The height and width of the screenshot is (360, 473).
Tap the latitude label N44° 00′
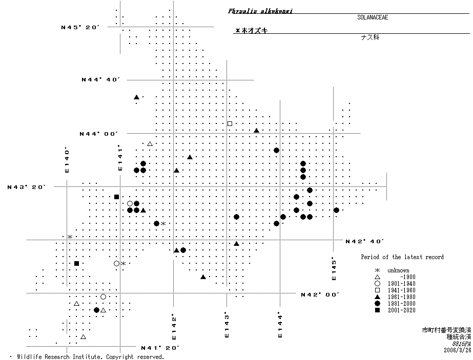point(98,134)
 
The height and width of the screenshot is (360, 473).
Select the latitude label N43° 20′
point(27,187)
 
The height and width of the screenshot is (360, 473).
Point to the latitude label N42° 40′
point(365,241)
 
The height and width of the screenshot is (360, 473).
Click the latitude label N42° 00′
point(320,294)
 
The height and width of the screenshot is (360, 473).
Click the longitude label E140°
point(67,160)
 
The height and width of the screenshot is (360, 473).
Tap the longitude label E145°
point(334,268)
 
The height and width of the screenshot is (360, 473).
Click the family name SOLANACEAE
point(373,17)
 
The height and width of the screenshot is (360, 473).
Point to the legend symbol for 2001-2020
point(377,310)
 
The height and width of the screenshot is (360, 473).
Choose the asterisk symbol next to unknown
point(377,270)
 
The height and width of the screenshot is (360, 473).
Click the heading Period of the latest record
point(402,257)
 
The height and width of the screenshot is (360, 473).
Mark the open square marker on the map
point(230,123)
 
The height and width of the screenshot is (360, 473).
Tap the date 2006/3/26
point(458,350)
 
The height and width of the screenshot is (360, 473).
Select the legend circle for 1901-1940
point(377,284)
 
